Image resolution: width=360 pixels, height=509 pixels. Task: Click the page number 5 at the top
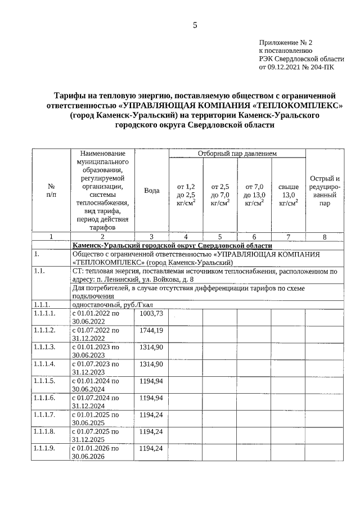pyautogui.click(x=195, y=25)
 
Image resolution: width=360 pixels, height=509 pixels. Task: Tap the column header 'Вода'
pyautogui.click(x=152, y=191)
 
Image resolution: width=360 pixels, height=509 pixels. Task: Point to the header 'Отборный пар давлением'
pyautogui.click(x=237, y=154)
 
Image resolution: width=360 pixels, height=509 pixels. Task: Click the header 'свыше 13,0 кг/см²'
pyautogui.click(x=289, y=195)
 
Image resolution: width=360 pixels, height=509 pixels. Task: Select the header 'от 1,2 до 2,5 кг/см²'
pyautogui.click(x=186, y=195)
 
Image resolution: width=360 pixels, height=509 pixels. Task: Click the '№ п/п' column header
pyautogui.click(x=51, y=190)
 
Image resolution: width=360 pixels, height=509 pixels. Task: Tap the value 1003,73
pyautogui.click(x=151, y=313)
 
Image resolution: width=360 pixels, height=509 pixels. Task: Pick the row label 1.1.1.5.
pyautogui.click(x=44, y=381)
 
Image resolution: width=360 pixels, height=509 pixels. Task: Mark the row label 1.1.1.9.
pyautogui.click(x=44, y=448)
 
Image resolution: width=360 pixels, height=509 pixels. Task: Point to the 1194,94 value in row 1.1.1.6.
pyautogui.click(x=151, y=398)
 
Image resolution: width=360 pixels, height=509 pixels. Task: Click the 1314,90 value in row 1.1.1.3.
pyautogui.click(x=151, y=347)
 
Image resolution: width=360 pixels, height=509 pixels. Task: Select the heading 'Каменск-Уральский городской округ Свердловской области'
pyautogui.click(x=172, y=246)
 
